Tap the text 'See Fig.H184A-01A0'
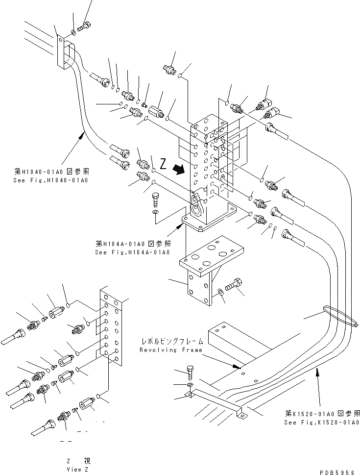(x=133, y=252)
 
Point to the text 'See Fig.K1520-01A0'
(x=322, y=422)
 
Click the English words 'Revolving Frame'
(x=164, y=350)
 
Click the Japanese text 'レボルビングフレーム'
(x=164, y=340)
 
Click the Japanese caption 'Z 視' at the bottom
(x=78, y=461)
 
